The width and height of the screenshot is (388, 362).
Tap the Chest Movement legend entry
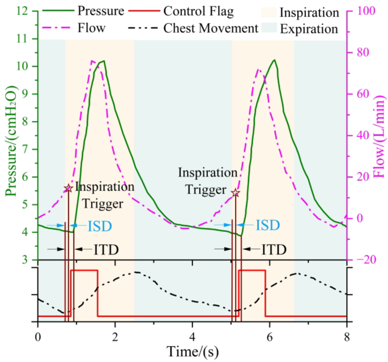[212, 28]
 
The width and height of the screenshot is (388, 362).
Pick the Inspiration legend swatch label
[312, 12]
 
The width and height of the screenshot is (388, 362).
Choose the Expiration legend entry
[313, 28]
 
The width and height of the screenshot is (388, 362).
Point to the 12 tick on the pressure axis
[24, 11]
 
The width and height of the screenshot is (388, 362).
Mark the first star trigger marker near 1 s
[69, 188]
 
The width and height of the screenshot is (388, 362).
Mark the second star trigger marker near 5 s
[236, 193]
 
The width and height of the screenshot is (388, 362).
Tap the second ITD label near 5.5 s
[274, 249]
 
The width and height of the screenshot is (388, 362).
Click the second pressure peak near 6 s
[274, 60]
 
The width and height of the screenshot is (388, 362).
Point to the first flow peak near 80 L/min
[92, 61]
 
